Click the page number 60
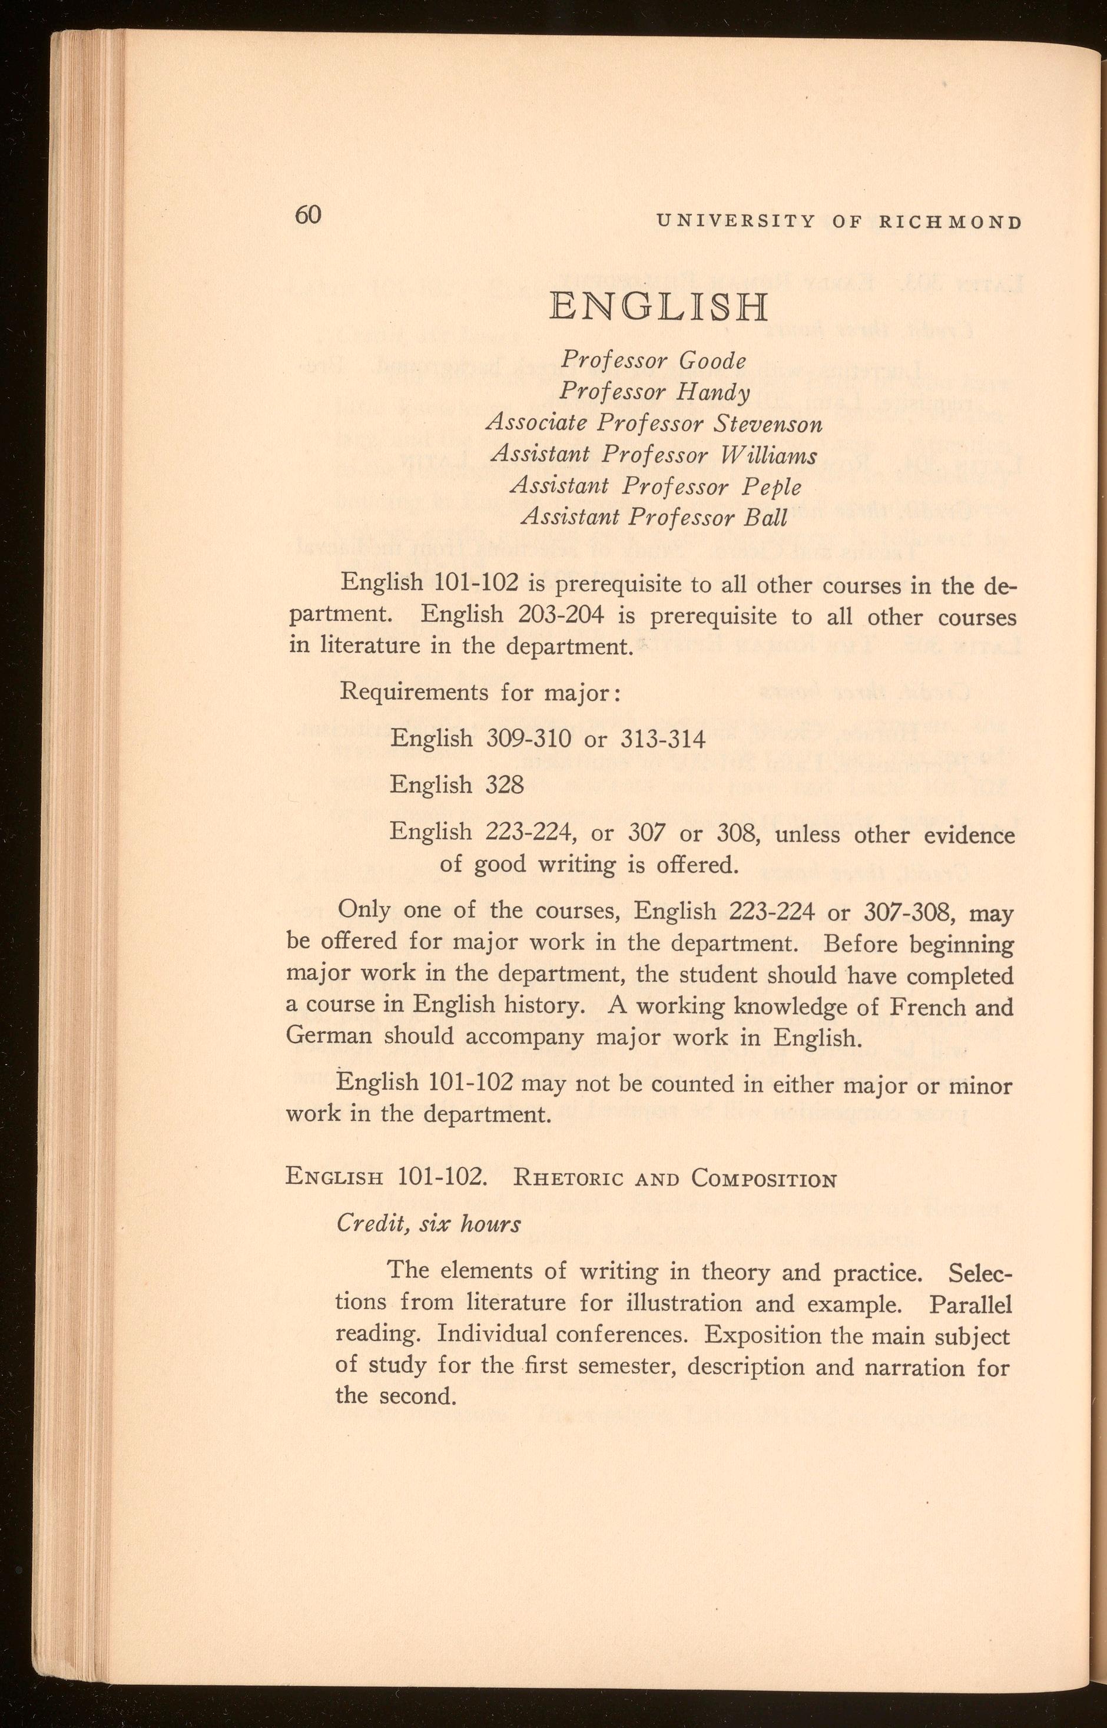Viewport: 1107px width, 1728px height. [307, 215]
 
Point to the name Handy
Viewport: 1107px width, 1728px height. [713, 392]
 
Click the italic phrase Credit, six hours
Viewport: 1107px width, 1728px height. [429, 1224]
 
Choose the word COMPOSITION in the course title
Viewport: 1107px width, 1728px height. [764, 1179]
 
